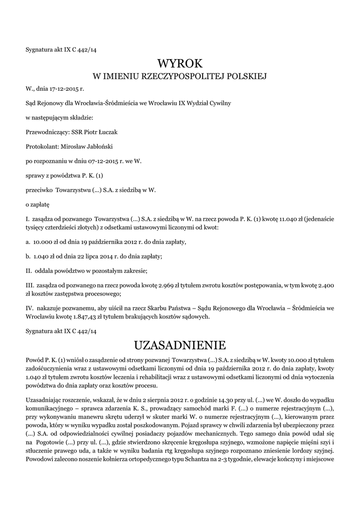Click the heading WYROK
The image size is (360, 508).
[x=180, y=63]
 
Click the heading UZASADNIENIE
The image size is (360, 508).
[x=180, y=344]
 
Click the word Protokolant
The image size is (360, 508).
[x=42, y=146]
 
